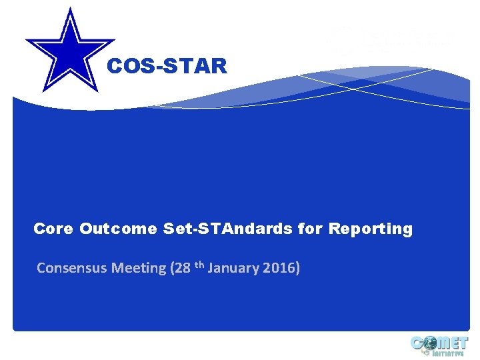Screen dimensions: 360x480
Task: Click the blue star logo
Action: coord(69,49)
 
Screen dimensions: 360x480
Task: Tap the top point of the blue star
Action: coord(69,9)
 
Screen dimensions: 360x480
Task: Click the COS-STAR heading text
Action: coord(167,67)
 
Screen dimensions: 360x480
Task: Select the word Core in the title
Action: coord(53,229)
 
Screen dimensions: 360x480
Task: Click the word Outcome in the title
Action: coord(119,229)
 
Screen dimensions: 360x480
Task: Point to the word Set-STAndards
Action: coord(228,229)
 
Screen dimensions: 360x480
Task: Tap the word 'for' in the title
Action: coord(310,229)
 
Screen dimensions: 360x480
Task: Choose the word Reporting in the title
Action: coord(371,229)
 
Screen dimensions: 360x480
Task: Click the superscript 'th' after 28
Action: coord(199,265)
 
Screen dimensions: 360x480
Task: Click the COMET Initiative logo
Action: coord(439,346)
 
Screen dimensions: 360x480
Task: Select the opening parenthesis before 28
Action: coord(173,268)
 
